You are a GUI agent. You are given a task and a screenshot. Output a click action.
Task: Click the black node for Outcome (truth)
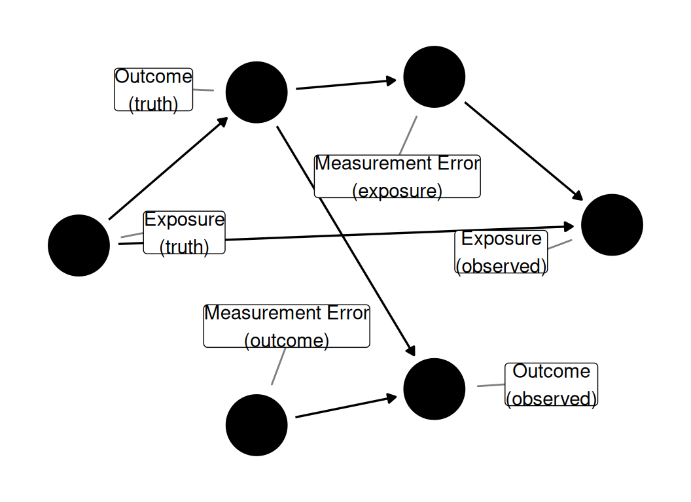pos(257,92)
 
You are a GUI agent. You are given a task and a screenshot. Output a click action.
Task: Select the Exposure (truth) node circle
pos(79,245)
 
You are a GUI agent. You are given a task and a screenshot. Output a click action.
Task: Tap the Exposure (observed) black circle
pos(612,225)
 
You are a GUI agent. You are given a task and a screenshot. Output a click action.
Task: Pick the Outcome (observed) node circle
pos(434,389)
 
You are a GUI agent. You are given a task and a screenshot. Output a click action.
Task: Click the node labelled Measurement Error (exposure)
pos(434,76)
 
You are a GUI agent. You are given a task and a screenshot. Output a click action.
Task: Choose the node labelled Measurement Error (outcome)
pos(257,425)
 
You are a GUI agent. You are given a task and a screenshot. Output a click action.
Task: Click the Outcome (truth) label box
pos(153,90)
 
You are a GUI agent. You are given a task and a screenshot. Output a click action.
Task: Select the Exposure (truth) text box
pos(185,233)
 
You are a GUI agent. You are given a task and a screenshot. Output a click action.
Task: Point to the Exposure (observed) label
pos(501,252)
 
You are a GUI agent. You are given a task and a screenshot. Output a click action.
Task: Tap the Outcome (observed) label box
pos(552,384)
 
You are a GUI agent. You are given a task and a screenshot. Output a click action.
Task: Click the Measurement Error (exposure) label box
pos(397,176)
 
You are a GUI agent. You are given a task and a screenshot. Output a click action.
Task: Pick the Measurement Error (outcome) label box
pos(287,326)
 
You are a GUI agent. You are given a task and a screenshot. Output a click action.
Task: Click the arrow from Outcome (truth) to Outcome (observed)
pos(346,241)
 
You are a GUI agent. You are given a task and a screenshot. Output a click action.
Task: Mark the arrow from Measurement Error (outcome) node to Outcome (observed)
pos(346,407)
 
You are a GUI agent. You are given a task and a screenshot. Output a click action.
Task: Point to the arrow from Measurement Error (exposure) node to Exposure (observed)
pos(524,152)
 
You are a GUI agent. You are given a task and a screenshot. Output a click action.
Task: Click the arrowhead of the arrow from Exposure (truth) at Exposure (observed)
pos(569,227)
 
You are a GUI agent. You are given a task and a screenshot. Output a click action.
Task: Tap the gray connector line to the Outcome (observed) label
pos(491,385)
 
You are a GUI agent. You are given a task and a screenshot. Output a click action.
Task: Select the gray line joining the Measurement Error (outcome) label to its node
pos(279,367)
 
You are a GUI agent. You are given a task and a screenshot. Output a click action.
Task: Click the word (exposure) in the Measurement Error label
pos(397,191)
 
